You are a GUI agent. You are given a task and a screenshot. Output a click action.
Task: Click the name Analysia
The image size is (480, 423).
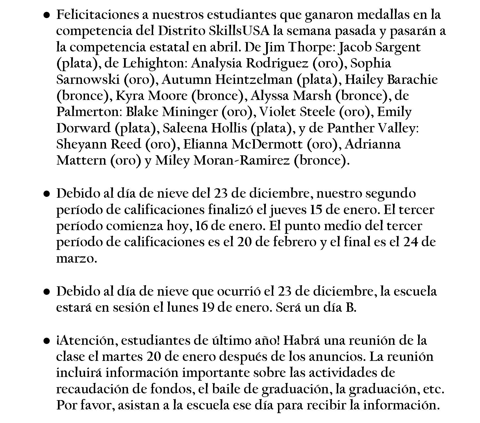coord(217,63)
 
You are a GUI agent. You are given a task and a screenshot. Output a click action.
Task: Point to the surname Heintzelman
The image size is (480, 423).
coord(254,80)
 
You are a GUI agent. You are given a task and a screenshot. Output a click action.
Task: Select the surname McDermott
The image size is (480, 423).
coord(267,144)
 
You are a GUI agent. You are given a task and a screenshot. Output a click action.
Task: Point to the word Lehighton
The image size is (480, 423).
coord(153,63)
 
